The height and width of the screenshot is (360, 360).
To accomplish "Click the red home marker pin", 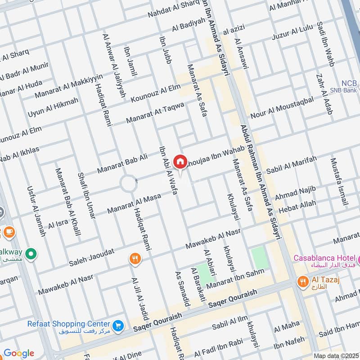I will click(180, 161).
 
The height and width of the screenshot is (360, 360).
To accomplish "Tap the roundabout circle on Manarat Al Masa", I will click(128, 184).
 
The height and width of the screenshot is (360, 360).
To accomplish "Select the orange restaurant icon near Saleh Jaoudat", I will click(134, 258).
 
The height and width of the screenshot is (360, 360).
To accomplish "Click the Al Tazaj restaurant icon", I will click(303, 282).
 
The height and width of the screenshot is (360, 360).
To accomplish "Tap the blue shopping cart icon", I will click(118, 325).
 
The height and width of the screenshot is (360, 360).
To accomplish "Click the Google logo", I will click(18, 353).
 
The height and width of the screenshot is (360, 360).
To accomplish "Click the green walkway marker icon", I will click(31, 254).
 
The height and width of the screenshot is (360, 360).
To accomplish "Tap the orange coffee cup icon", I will click(9, 232).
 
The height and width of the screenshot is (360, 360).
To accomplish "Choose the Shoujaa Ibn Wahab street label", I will click(215, 154).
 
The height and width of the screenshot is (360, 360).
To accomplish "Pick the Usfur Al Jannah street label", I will click(36, 211).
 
